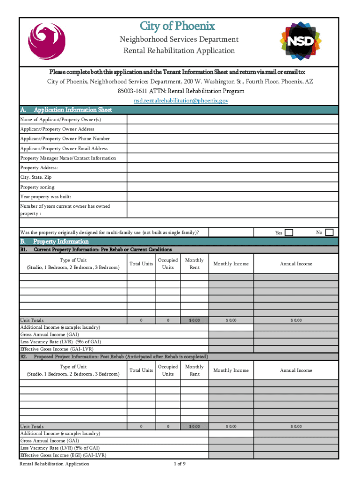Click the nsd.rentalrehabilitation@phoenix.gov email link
(180, 101)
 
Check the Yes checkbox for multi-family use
(289, 232)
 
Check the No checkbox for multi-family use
(329, 232)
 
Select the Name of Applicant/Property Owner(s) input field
(232, 119)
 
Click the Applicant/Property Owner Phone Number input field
(232, 139)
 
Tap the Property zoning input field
(232, 187)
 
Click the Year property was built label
(45, 197)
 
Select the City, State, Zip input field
(232, 178)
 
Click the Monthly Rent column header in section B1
(194, 264)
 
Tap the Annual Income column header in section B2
(296, 370)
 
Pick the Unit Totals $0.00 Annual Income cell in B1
(296, 320)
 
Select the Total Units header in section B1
(141, 264)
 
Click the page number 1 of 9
(180, 464)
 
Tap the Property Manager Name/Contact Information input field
(232, 158)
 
